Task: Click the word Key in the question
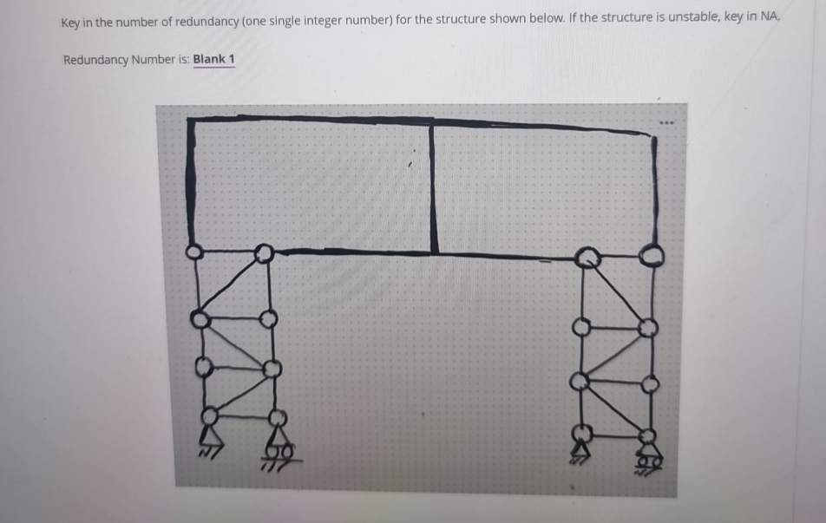tap(70, 23)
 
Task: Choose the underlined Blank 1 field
tap(213, 60)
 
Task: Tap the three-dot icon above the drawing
tap(666, 123)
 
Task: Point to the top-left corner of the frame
tap(188, 119)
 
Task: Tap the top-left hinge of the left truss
tap(193, 252)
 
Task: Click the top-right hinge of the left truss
tap(264, 254)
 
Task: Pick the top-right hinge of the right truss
tap(652, 258)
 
